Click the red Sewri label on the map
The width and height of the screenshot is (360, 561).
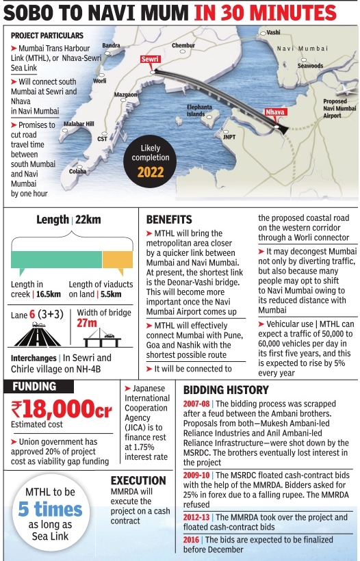150,60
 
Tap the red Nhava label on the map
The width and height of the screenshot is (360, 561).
276,111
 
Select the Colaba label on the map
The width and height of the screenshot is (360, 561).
77,171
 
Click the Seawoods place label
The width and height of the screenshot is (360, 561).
310,66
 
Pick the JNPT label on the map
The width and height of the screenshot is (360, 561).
229,137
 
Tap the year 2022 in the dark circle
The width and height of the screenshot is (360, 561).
151,172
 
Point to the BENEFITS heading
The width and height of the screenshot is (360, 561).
169,220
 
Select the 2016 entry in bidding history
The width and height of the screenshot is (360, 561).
192,540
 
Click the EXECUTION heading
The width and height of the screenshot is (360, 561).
138,480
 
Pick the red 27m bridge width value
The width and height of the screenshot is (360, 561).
87,323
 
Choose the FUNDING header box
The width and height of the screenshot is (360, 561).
35,387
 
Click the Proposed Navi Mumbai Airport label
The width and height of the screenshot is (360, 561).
339,109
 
